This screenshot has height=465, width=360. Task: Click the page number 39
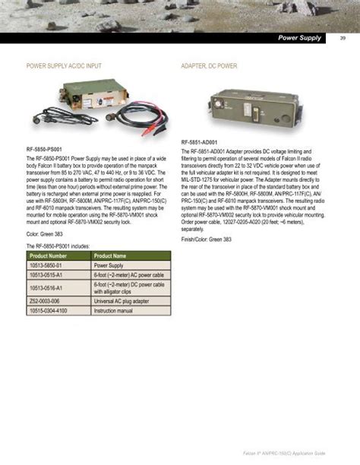(343, 39)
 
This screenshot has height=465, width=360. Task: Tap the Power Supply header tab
(299, 38)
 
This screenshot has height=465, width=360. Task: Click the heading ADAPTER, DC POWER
(209, 66)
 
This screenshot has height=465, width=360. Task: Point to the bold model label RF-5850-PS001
(46, 150)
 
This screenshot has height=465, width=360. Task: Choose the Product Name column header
(109, 256)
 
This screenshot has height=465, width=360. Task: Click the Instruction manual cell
(113, 312)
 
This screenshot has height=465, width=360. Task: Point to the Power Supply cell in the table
(109, 267)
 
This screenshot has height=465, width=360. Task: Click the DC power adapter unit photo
(229, 107)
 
